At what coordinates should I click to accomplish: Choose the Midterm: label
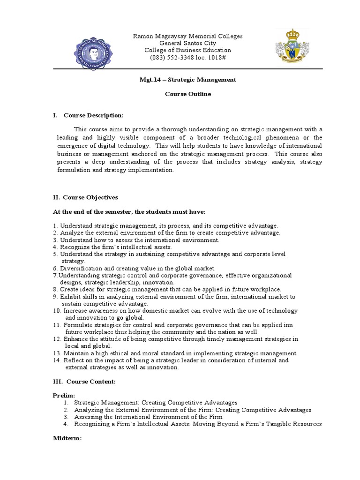coord(67,438)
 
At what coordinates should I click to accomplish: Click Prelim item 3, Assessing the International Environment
coord(148,417)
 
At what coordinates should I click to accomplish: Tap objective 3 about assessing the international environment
coord(136,240)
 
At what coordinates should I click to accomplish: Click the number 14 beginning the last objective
coord(56,360)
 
